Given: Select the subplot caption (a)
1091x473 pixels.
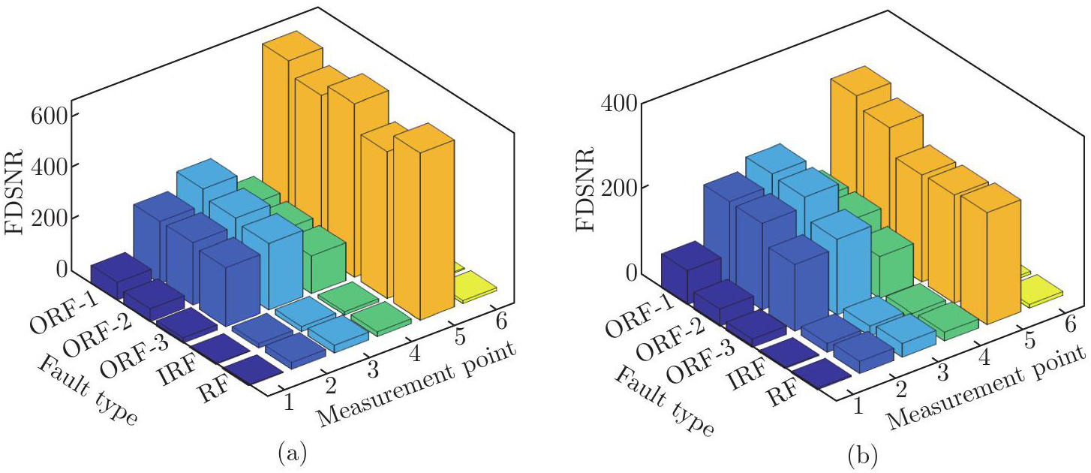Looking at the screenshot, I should [x=291, y=453].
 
